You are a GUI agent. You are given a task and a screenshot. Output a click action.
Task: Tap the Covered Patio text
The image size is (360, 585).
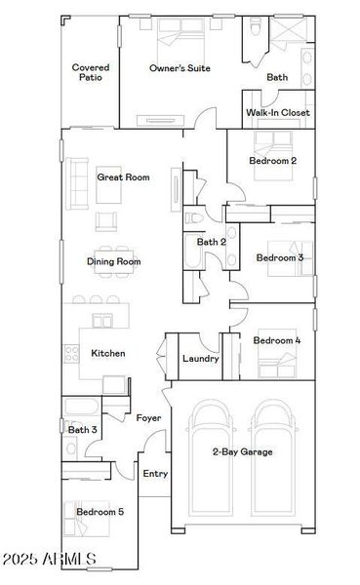(91, 73)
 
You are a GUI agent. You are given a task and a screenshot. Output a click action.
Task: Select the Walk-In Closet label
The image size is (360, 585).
(278, 113)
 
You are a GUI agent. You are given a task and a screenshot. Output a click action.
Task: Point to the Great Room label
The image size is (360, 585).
(123, 177)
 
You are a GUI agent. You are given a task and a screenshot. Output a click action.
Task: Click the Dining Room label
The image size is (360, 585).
(114, 261)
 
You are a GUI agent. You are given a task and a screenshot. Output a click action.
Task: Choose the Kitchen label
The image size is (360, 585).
(107, 353)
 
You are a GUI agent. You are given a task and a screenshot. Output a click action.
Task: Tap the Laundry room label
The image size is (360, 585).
(201, 359)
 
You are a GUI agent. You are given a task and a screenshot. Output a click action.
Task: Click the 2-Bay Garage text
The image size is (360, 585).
(243, 451)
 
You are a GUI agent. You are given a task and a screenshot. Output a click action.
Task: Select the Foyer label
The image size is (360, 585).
(148, 418)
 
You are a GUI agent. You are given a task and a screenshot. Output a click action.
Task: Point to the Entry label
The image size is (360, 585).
(155, 474)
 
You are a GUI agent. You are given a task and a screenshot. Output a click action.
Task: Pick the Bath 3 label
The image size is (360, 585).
(82, 429)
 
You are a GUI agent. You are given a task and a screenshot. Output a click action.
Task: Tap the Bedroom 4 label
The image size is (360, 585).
(277, 340)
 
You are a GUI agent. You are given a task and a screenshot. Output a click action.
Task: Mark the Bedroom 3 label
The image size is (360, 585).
(280, 257)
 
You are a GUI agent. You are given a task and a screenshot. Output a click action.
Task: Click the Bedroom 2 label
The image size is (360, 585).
(273, 161)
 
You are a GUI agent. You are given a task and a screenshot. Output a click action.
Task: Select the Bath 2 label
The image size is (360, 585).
(212, 242)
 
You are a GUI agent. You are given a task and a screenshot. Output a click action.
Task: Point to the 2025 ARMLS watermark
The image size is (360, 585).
(49, 562)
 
